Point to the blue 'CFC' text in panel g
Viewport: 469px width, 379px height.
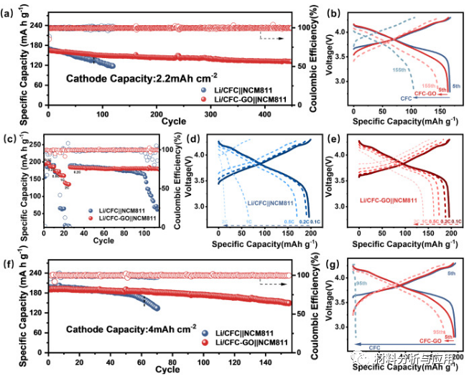(375, 348)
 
